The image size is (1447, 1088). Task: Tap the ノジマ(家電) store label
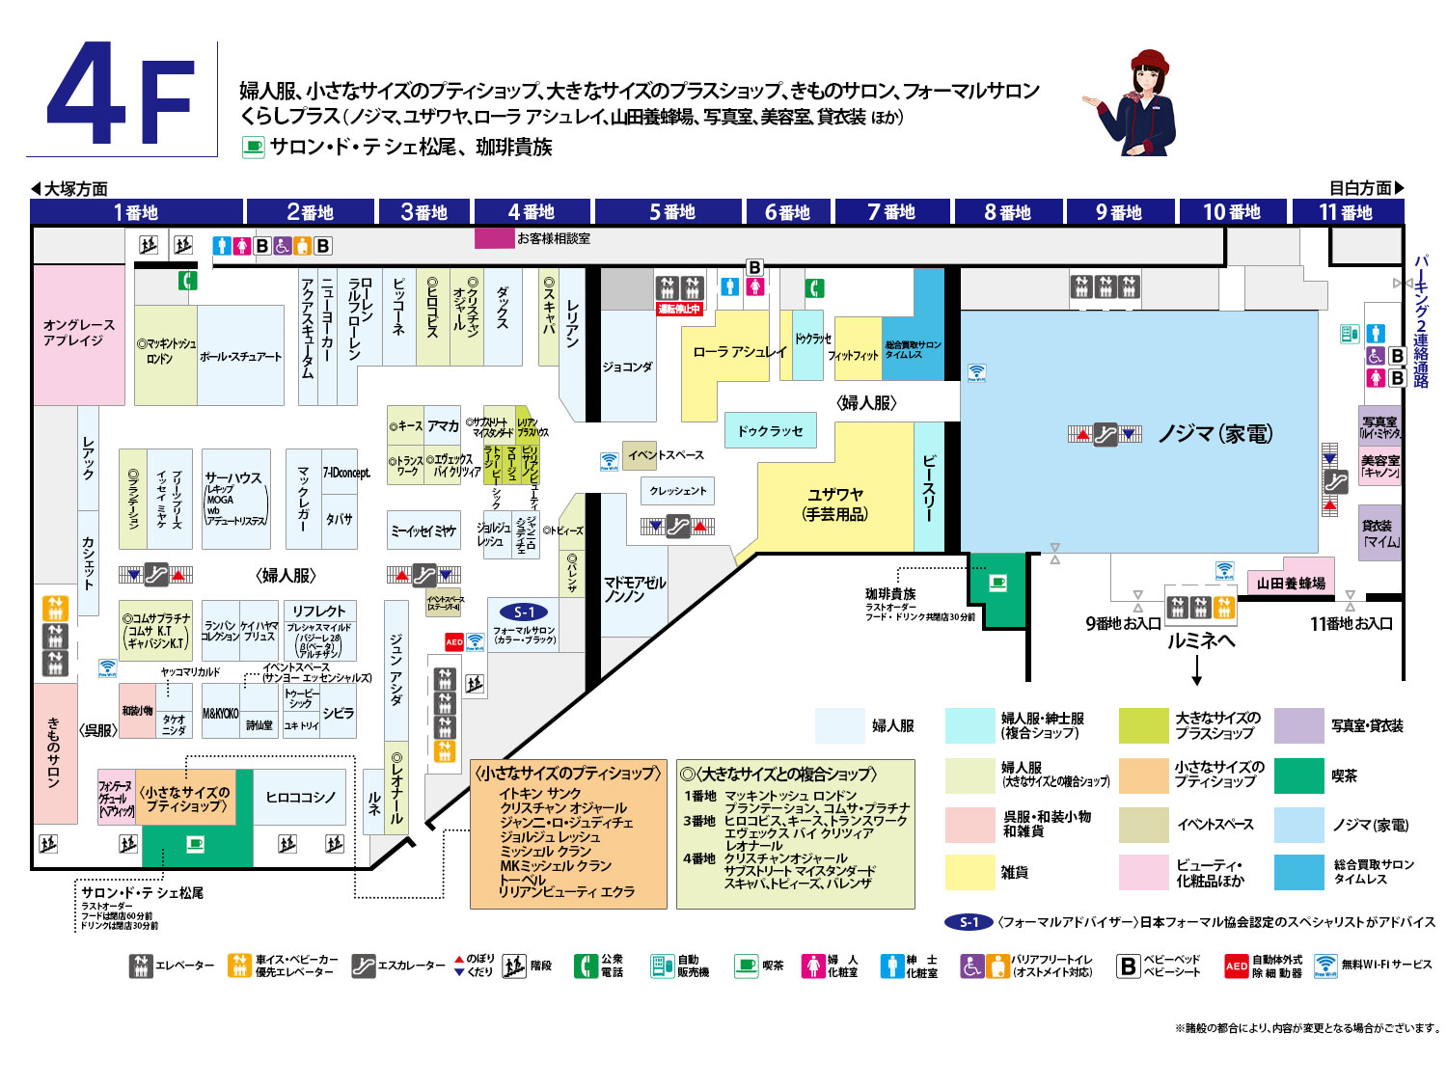pos(1215,434)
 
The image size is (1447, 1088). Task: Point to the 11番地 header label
pos(1345,212)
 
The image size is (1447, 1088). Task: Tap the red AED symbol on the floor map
pos(454,641)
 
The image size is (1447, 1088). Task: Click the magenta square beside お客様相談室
pos(494,237)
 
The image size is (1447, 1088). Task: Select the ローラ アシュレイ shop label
pos(740,352)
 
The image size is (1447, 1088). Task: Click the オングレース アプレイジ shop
pos(78,333)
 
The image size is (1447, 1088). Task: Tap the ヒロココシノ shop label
pos(300,797)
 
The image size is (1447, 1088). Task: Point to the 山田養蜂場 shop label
pos(1291,583)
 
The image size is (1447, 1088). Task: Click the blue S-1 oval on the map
pos(524,612)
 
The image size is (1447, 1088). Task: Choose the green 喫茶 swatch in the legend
pos(1298,775)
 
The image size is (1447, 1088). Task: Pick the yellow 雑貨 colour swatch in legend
pos(969,872)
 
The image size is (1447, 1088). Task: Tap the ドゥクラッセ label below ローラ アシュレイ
pos(770,431)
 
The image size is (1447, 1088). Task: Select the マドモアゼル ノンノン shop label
pos(634,589)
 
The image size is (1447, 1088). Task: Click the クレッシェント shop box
pos(677,491)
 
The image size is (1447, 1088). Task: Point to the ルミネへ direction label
pos(1200,641)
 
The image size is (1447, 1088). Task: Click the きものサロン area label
pos(54,752)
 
